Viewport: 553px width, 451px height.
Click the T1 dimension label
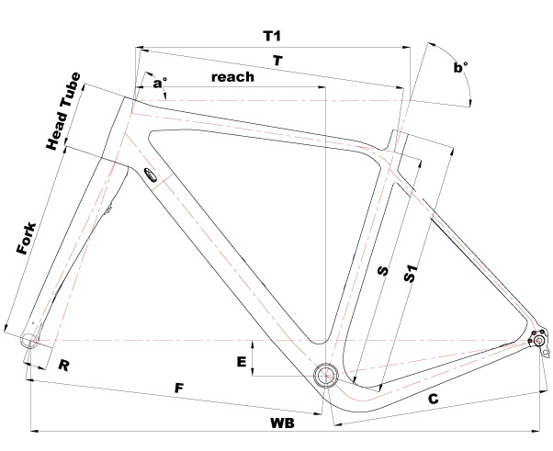click(x=271, y=36)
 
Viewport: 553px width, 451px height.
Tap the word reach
click(x=232, y=78)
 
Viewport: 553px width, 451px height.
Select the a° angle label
click(x=160, y=84)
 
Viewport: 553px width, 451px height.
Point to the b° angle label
click(x=460, y=67)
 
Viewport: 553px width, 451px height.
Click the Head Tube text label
click(x=63, y=112)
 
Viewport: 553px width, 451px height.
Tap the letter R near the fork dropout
click(x=64, y=366)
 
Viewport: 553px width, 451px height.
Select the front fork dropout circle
click(x=30, y=341)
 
